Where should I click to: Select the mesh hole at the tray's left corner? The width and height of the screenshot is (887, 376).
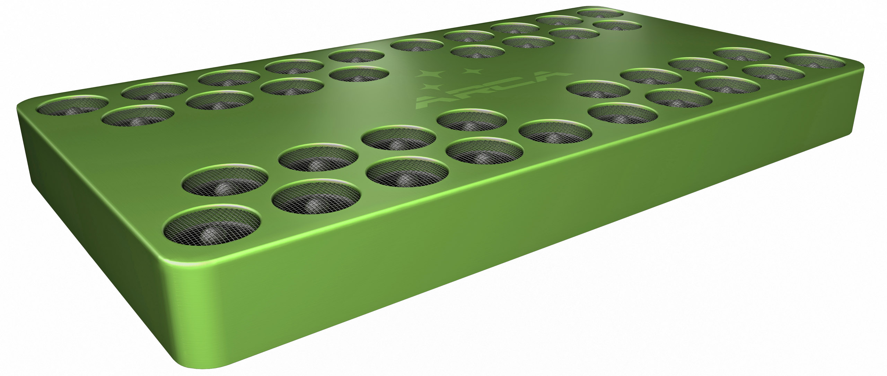point(73,105)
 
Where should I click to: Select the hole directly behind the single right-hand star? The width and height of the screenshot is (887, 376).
point(477,52)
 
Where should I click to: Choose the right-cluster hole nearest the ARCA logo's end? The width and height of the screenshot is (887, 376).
point(598,89)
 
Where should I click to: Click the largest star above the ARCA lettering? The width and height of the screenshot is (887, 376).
point(431,74)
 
